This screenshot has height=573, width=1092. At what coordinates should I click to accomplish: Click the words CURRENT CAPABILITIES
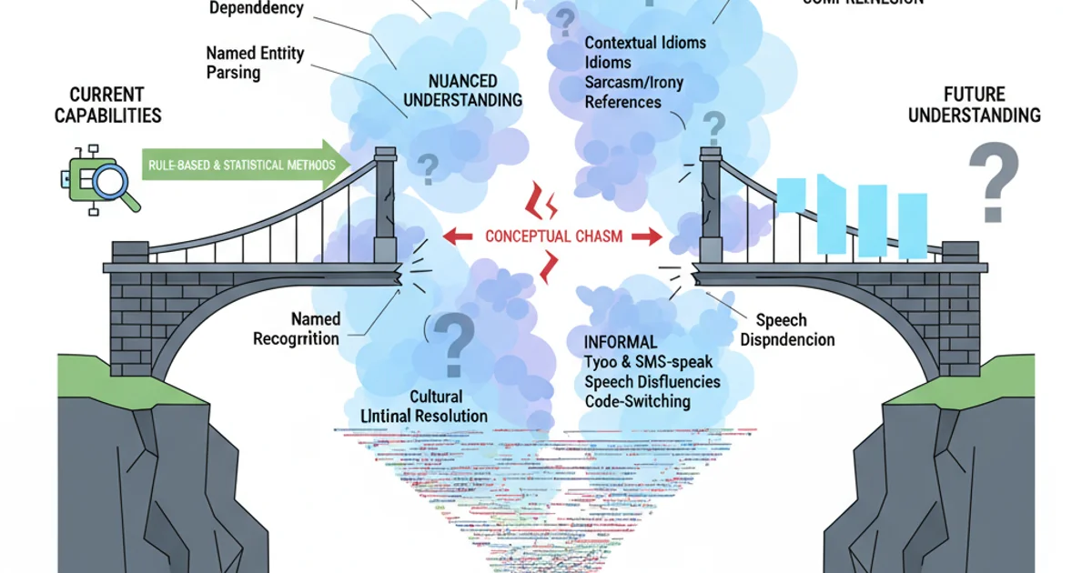[107, 105]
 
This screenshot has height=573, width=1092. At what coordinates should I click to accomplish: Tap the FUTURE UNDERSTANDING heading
[974, 105]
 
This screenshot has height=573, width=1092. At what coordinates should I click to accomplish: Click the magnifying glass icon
[112, 186]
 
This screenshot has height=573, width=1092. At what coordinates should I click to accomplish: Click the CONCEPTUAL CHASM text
[553, 236]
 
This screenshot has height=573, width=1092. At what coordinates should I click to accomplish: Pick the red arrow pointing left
[460, 236]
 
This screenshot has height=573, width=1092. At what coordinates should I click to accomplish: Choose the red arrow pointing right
[647, 236]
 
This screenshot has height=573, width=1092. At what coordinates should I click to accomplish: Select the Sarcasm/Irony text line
[633, 83]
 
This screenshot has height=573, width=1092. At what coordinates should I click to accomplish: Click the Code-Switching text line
[637, 401]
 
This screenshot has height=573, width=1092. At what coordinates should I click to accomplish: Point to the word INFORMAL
[622, 342]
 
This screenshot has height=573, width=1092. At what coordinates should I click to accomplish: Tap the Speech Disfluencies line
[652, 381]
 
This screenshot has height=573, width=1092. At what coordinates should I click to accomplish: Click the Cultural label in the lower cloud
[436, 397]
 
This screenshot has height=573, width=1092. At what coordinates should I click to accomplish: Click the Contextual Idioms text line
[645, 43]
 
